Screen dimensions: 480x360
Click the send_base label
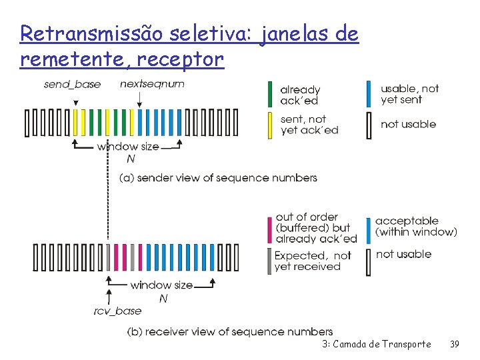72,85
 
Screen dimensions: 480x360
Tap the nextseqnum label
152,84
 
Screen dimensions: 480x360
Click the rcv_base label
117,311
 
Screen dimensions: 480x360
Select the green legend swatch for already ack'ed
270,94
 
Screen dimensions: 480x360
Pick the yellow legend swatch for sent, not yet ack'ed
270,125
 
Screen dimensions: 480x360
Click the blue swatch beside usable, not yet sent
369,94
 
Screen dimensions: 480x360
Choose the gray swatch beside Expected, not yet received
270,261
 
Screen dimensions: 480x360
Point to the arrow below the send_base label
76,101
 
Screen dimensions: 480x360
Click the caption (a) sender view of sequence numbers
218,178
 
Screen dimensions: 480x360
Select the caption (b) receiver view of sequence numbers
229,331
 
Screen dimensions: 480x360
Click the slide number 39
455,344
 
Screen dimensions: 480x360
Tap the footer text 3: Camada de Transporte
376,344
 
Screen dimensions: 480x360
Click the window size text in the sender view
128,146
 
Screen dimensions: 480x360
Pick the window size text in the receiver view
161,285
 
